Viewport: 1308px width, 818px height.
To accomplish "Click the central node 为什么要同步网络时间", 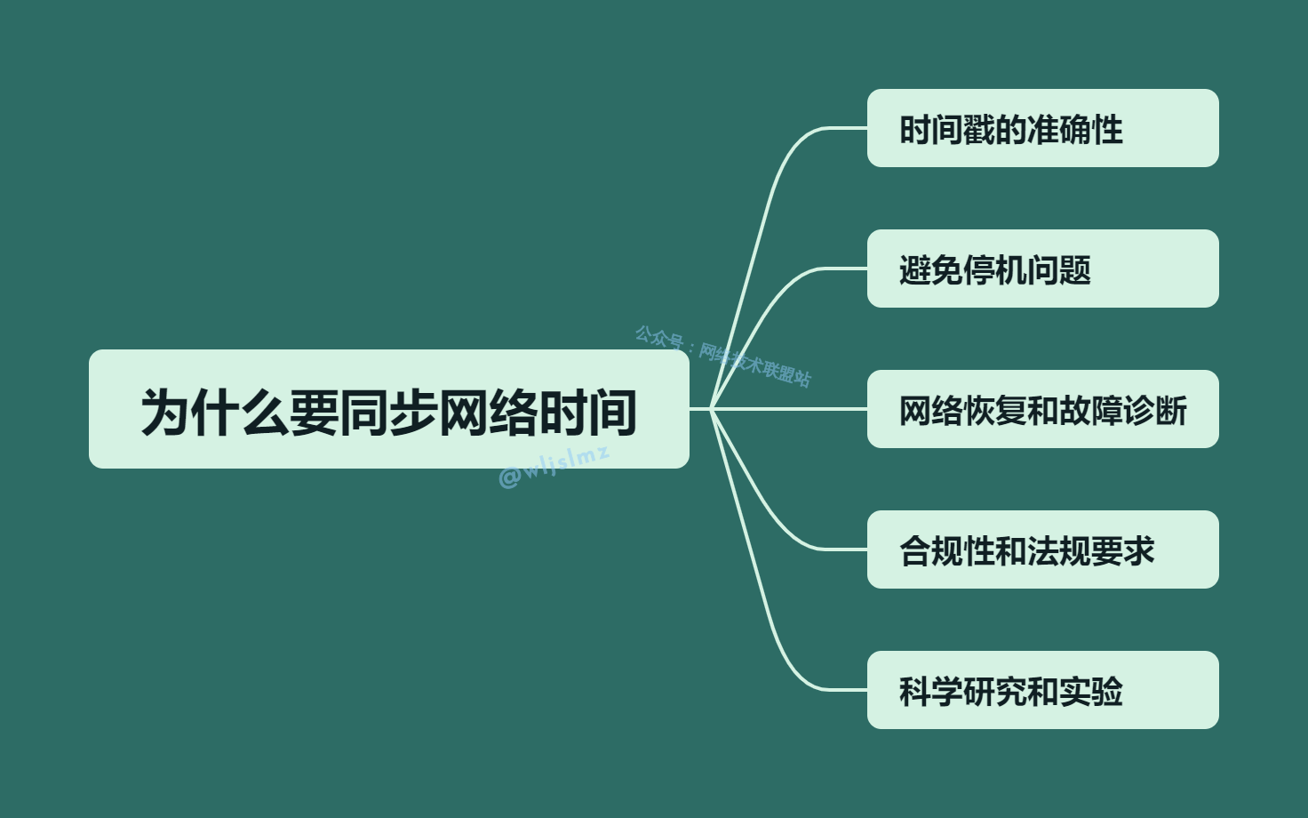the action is (x=388, y=409).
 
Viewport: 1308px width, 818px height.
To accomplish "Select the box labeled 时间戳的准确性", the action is (x=1042, y=128).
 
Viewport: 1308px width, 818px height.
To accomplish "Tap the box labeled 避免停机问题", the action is (x=1042, y=269).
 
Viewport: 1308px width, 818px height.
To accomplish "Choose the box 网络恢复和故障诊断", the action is (x=1042, y=409).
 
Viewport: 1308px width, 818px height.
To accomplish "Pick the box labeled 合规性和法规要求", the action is (x=1042, y=549).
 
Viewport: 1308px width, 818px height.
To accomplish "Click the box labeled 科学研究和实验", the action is (x=1042, y=690).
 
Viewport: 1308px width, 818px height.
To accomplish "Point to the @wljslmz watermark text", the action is (x=554, y=467).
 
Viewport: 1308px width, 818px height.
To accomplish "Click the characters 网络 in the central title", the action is (x=488, y=413).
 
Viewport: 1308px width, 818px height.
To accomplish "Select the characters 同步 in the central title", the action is (x=388, y=413).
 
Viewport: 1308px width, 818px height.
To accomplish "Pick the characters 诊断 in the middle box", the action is (x=1155, y=411).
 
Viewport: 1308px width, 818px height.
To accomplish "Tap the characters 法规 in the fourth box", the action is (x=1059, y=551).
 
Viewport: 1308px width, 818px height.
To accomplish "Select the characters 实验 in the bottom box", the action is (x=1091, y=692).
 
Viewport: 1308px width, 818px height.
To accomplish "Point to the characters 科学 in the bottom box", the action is (x=931, y=692).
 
